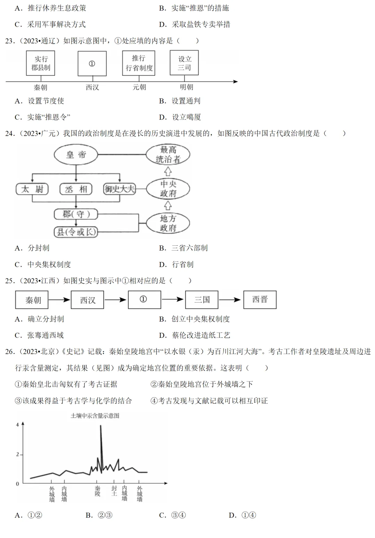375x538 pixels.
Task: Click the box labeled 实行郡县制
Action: pyautogui.click(x=41, y=63)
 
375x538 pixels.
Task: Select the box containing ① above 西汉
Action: pyautogui.click(x=92, y=64)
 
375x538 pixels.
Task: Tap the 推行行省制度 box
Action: pyautogui.click(x=139, y=63)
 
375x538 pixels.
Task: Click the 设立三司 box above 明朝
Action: pyautogui.click(x=184, y=63)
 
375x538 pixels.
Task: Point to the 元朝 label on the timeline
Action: pyautogui.click(x=139, y=87)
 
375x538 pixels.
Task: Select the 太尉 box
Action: pyautogui.click(x=32, y=189)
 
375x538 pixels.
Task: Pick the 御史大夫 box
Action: pyautogui.click(x=119, y=189)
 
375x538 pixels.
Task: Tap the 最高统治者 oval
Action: pyautogui.click(x=168, y=154)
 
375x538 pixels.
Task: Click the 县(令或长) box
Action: pyautogui.click(x=76, y=232)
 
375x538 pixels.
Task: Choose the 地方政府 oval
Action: pyautogui.click(x=168, y=223)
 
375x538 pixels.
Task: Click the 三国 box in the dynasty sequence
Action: pyautogui.click(x=202, y=300)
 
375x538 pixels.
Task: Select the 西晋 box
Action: pyautogui.click(x=260, y=300)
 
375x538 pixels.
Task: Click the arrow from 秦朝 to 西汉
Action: pyautogui.click(x=59, y=300)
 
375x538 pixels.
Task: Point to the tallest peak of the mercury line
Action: pyautogui.click(x=101, y=426)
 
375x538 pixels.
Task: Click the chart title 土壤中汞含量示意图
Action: pyautogui.click(x=95, y=415)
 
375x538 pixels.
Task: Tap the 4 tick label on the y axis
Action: pyautogui.click(x=17, y=425)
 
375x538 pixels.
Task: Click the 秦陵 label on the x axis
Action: pyautogui.click(x=98, y=491)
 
